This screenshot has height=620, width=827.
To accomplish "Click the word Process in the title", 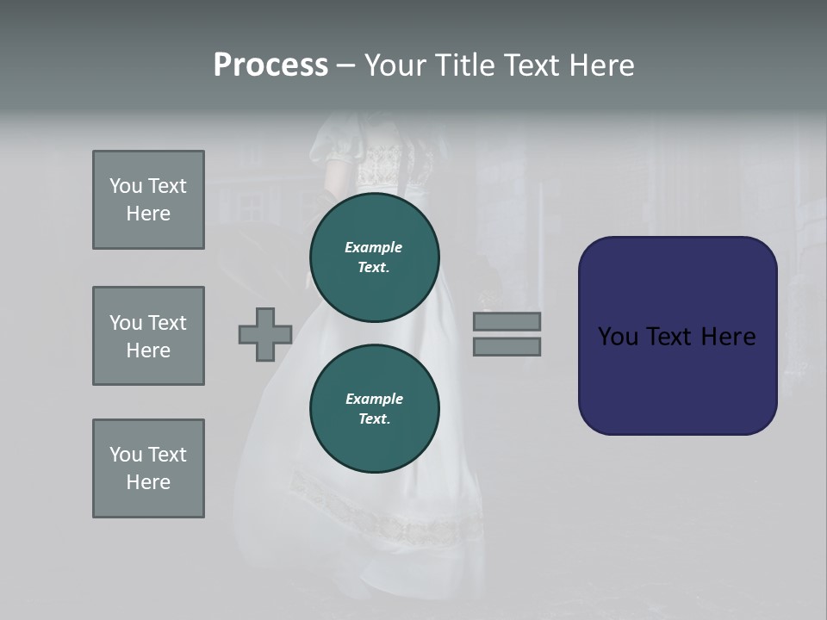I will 270,65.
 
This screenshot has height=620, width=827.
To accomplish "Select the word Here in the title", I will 600,65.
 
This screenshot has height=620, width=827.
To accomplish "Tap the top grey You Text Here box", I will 148,200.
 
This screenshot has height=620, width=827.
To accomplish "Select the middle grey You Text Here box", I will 148,336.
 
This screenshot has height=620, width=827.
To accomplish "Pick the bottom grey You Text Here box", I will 148,468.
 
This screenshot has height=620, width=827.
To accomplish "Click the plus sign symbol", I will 265,334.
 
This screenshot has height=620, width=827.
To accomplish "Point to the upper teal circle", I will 375,257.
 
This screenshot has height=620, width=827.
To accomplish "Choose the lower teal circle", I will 375,409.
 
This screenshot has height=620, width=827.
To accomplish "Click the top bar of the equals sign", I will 507,321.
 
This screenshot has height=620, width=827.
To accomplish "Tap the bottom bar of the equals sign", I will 507,347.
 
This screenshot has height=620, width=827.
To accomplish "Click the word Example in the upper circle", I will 374,247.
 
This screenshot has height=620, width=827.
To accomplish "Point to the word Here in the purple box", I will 728,337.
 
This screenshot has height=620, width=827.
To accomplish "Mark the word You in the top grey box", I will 126,186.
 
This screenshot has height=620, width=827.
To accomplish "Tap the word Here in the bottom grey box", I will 148,482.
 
